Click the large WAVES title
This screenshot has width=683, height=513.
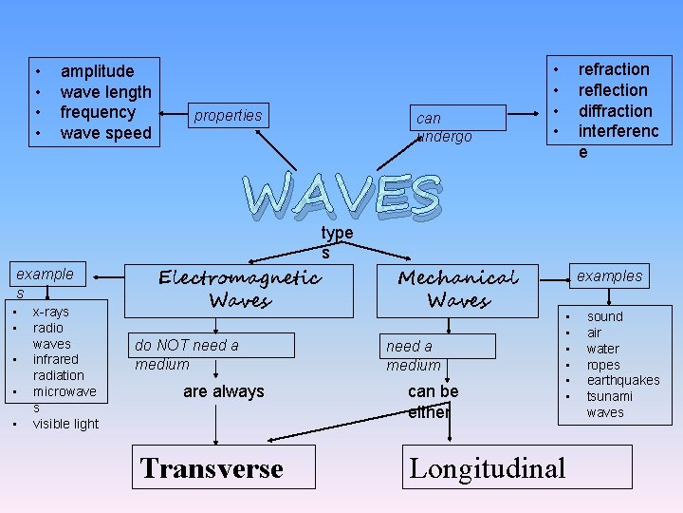coord(342,195)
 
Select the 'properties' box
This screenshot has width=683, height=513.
coord(228,116)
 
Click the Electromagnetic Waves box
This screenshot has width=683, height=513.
coord(239,288)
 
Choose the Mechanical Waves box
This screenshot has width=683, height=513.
coord(458,288)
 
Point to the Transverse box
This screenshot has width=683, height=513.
coord(223,467)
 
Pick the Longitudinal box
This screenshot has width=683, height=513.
coord(516,467)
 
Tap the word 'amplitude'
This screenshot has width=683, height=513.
coord(97,71)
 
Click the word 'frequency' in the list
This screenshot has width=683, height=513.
coord(97,112)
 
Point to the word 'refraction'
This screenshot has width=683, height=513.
coord(614,69)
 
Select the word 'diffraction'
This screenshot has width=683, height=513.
coord(615,110)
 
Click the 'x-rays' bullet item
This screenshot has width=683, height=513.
coord(50,312)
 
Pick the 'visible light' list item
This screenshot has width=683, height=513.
coord(65,424)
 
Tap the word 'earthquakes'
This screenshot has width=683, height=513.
coord(622,380)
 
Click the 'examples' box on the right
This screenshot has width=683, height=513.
coord(610,276)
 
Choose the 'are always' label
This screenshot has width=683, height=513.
coord(224,391)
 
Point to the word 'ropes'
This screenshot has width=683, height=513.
coord(602,365)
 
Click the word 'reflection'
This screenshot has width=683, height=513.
coord(613,90)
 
